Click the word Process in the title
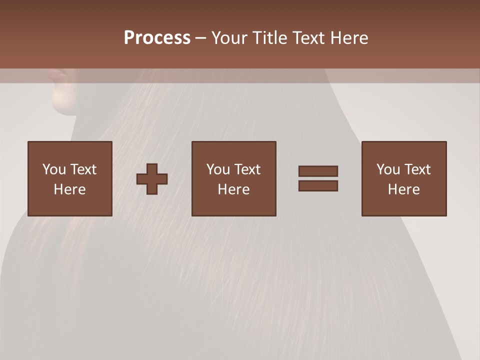157,38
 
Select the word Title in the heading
270,38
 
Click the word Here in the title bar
349,38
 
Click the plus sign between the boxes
152,178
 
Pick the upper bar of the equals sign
318,171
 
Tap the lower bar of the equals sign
318,185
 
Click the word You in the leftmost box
54,169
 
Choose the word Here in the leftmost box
69,189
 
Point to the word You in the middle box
218,169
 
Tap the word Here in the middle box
233,189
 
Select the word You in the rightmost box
388,169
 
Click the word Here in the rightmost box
403,189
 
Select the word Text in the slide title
307,38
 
